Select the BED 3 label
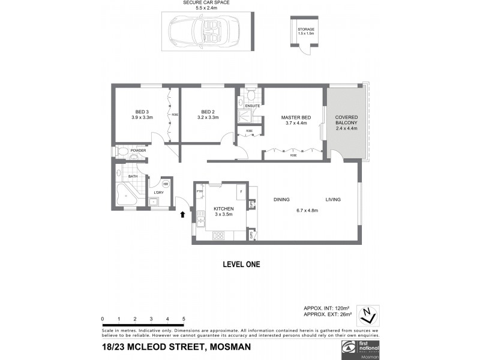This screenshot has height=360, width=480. (142, 112)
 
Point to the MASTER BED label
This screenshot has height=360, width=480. (294, 118)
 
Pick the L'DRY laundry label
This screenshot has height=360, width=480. (158, 192)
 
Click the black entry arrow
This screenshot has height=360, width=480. (183, 214)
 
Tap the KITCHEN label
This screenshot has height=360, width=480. (223, 208)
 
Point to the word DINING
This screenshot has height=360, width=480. (282, 199)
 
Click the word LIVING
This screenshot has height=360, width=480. (334, 199)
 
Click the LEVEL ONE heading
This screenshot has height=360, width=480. (241, 263)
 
